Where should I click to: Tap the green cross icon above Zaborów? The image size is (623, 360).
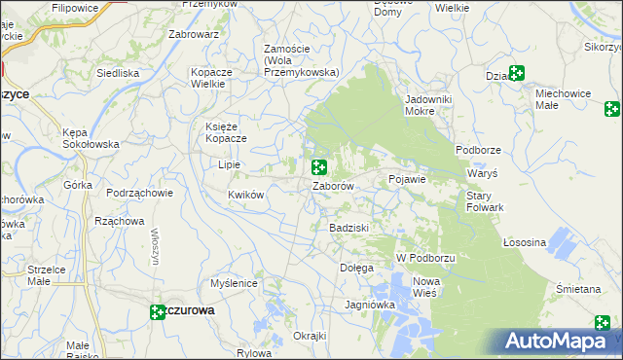(x=318, y=167)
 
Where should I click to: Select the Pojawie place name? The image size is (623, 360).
(x=408, y=180)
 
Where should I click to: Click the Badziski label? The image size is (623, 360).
(x=348, y=228)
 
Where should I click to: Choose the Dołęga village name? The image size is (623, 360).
(x=355, y=268)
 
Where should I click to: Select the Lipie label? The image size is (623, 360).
(x=230, y=165)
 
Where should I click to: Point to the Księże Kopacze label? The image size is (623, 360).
(x=226, y=131)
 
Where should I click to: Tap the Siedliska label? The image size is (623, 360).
(x=118, y=73)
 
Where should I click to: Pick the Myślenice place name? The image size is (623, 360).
(x=234, y=284)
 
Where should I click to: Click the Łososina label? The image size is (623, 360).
(x=526, y=242)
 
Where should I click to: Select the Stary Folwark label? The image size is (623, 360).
(x=484, y=201)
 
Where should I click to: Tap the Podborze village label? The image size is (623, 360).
(x=477, y=150)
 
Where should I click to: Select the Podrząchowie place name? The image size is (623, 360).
(x=140, y=193)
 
